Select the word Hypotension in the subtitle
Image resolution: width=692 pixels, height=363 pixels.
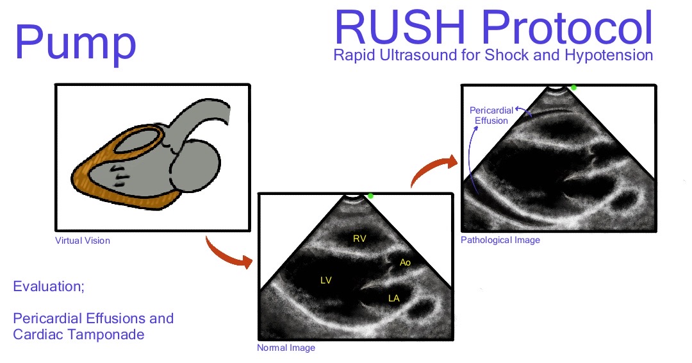615,55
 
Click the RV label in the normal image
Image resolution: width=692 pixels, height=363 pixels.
359,239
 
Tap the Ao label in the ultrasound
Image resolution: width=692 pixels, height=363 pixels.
405,262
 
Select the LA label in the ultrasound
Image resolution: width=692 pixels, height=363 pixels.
393,298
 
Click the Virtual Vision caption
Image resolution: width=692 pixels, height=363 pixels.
83,241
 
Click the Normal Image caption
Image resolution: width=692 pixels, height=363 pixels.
286,348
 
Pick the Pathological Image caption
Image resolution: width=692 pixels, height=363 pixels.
500,240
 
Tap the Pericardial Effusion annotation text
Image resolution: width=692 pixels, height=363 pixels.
491,115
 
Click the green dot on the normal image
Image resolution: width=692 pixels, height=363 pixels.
370,196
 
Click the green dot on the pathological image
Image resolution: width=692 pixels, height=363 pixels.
573,87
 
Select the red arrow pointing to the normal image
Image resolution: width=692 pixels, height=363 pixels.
227,255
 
